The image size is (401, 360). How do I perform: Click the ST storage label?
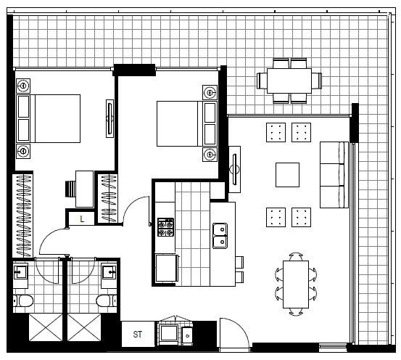[138, 334]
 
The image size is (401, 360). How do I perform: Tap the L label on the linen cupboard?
[82, 219]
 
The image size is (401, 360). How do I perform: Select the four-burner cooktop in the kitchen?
[165, 227]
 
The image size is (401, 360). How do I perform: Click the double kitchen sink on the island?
[220, 236]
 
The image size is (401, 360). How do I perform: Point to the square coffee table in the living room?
[287, 175]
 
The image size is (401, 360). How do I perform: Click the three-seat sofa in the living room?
[334, 175]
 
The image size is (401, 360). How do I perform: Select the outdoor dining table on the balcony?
[289, 81]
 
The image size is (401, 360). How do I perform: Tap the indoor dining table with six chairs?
[296, 285]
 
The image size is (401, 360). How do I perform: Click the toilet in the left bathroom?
[23, 300]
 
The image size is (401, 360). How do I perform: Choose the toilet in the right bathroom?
[107, 300]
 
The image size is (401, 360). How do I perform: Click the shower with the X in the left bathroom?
[46, 327]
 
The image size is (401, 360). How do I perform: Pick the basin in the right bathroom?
[109, 272]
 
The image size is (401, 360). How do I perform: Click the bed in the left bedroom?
[49, 118]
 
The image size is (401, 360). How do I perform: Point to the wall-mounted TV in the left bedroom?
[110, 118]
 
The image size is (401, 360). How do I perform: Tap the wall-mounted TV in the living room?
[235, 169]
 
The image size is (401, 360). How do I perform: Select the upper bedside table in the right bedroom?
[210, 92]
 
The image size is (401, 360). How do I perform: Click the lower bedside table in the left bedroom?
[23, 151]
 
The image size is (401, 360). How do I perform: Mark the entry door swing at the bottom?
[234, 332]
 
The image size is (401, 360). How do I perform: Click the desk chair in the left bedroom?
[70, 189]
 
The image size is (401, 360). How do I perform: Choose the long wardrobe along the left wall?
[23, 216]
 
